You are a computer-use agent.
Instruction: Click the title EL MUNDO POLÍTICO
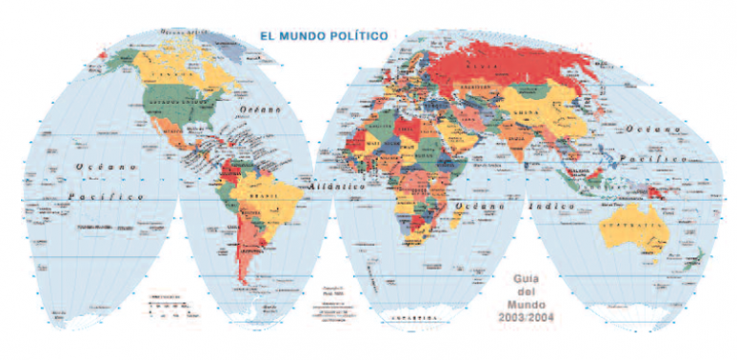pos(323,36)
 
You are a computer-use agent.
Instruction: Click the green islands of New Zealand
pos(698,257)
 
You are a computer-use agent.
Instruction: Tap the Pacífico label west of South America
pos(106,197)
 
